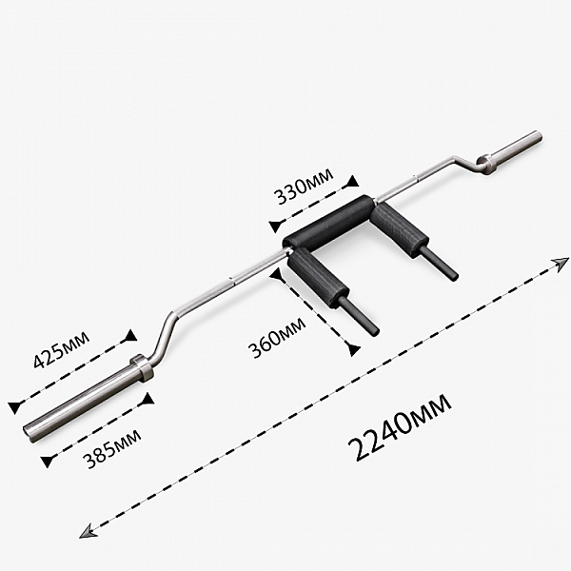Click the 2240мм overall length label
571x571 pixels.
tap(400, 426)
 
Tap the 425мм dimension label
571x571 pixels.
tap(61, 349)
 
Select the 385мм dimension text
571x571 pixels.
tap(112, 449)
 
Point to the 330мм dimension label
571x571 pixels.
tap(305, 186)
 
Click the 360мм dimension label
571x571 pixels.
tap(276, 338)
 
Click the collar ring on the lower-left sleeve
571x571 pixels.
tap(142, 367)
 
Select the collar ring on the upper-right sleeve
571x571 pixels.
tap(485, 164)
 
